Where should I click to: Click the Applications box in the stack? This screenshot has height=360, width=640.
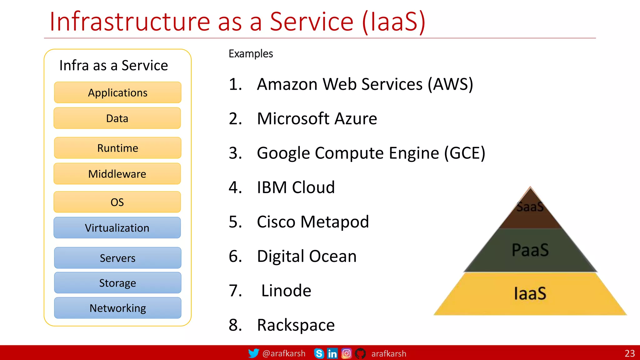[x=117, y=92]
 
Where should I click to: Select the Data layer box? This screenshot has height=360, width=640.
[x=117, y=118]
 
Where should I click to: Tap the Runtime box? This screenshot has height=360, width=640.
[x=117, y=148]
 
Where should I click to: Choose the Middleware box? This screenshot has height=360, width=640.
[x=117, y=174]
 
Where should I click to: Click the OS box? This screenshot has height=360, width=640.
[x=117, y=202]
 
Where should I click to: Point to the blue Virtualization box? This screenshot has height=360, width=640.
[x=117, y=228]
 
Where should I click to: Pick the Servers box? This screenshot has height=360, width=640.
[x=117, y=258]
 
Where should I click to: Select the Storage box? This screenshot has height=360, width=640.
[x=117, y=283]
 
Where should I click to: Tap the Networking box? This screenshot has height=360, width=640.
[x=117, y=308]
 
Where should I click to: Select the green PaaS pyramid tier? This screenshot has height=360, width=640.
[x=530, y=250]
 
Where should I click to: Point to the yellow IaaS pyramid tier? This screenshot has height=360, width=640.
[x=530, y=294]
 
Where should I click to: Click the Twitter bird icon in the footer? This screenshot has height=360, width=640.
[x=253, y=353]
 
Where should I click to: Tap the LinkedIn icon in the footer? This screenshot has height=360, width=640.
[x=332, y=353]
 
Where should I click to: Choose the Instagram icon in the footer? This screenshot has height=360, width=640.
[x=346, y=353]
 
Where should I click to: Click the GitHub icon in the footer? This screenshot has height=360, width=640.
[x=360, y=353]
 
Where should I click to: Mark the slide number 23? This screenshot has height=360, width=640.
[x=630, y=353]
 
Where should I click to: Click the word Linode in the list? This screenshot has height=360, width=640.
[x=286, y=291]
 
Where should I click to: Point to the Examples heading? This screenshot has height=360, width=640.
[x=251, y=54]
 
